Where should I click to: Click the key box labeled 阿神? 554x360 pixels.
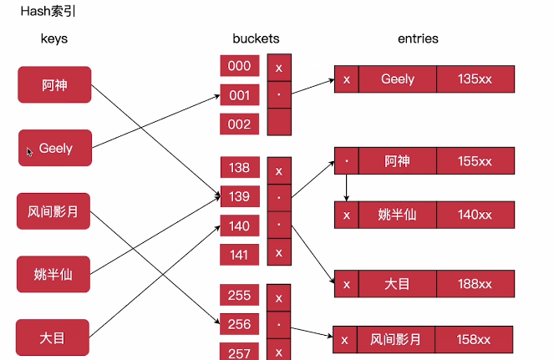coord(54,85)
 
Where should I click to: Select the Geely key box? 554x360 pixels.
coord(55,148)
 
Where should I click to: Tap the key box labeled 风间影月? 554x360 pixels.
coord(53,210)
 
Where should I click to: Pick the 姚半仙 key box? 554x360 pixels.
coord(53,274)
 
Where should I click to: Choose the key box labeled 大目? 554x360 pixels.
coord(53,337)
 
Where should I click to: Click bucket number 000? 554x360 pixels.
coord(240,67)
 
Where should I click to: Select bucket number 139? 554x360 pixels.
coord(240,196)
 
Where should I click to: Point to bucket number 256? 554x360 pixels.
coord(240,324)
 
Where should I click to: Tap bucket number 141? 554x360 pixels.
coord(240,254)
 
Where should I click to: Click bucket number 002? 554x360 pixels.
coord(240,124)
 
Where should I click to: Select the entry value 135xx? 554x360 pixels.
coord(475,79)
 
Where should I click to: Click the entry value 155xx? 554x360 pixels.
coord(475,160)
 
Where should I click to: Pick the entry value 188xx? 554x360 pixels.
coord(475,284)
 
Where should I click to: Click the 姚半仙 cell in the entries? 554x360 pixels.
coord(397,215)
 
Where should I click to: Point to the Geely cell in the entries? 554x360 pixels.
coord(397,79)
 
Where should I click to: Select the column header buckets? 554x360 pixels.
coord(256,38)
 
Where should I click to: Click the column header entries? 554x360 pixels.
coord(418,38)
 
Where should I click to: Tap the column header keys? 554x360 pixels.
coord(54,38)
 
